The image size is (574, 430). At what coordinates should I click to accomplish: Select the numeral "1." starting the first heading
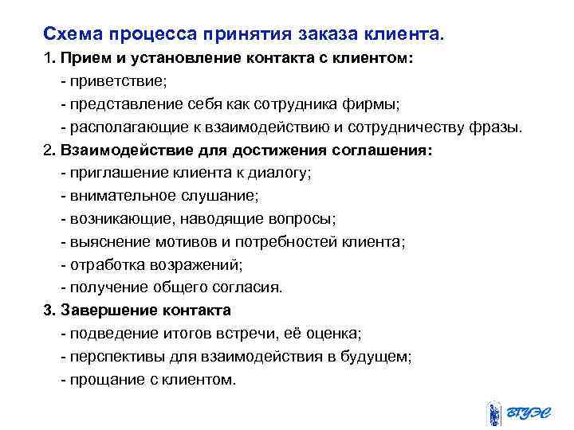click(49, 60)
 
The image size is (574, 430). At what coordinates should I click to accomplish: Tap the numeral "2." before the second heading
click(49, 150)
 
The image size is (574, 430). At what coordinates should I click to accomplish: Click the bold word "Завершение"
click(112, 310)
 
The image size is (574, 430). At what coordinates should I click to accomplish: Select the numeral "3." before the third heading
click(49, 310)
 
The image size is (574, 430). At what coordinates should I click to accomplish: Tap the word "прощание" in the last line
click(102, 379)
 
